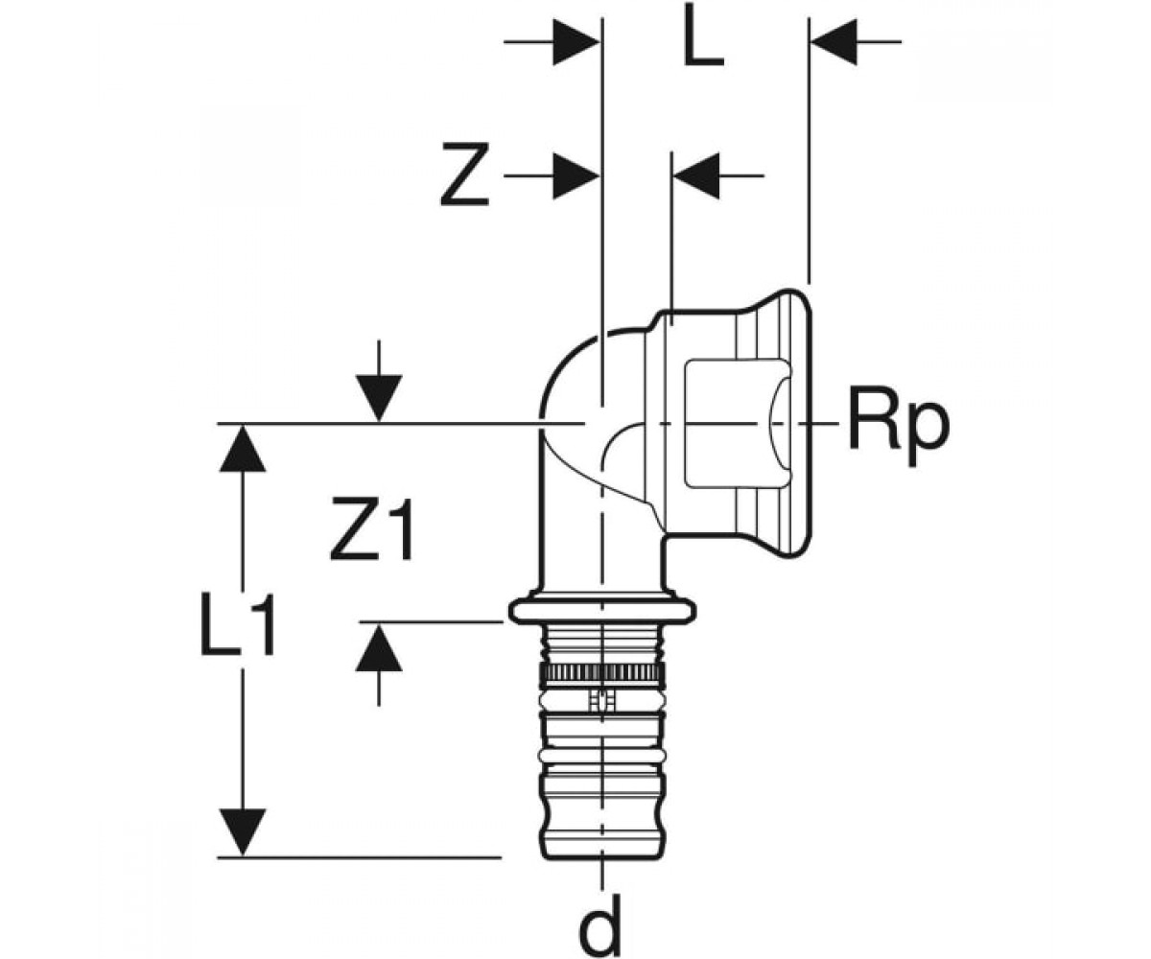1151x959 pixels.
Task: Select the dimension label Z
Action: tap(464, 175)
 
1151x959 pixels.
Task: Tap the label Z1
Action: tap(372, 528)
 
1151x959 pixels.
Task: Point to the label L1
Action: tap(238, 624)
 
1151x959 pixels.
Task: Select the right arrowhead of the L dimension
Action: tap(834, 41)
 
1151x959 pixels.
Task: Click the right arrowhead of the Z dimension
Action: tap(697, 175)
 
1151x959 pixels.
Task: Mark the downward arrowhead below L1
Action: tap(243, 832)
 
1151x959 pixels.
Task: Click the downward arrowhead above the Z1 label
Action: tap(379, 397)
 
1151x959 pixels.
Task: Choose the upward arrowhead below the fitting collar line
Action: tap(379, 647)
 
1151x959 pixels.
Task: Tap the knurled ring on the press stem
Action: tap(602, 673)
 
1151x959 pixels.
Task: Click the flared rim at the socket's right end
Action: tap(797, 422)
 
